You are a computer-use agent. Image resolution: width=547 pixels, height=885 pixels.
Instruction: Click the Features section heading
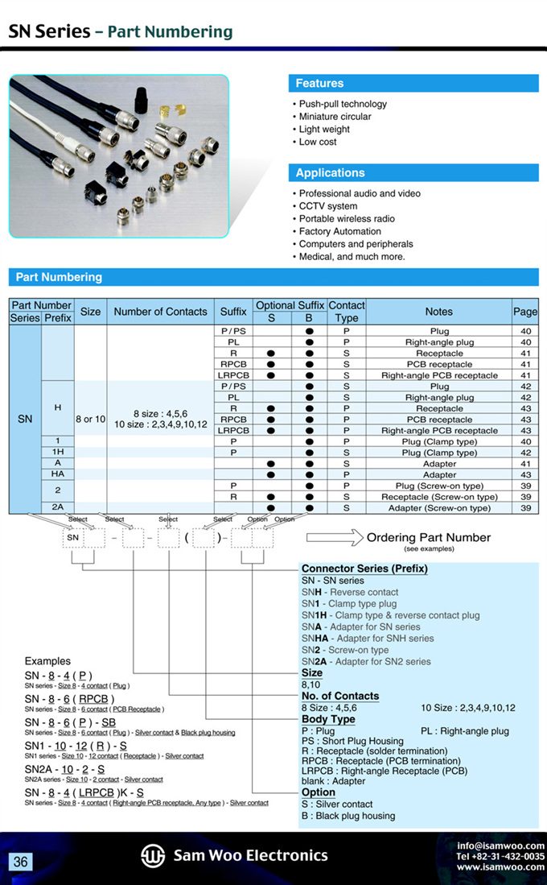[319, 84]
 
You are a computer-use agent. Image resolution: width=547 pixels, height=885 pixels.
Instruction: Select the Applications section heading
[330, 173]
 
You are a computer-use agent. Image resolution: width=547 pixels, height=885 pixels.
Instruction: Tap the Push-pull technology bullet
[343, 104]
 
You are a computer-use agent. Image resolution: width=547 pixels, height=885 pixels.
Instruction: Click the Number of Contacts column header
[160, 312]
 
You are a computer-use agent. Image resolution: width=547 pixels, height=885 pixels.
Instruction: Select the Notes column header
[438, 312]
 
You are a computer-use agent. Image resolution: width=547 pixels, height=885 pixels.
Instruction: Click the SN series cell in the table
[25, 419]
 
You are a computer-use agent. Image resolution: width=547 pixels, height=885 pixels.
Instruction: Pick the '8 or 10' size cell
[90, 420]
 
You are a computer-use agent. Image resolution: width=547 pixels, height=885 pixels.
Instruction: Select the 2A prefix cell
[58, 507]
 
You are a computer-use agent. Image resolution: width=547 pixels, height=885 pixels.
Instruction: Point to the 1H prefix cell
[58, 453]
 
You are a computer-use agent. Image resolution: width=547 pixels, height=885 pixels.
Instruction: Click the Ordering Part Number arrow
[332, 538]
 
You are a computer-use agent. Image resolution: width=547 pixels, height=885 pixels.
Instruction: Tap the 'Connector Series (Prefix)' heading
[364, 569]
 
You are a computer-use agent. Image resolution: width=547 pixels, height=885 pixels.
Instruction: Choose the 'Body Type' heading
[328, 719]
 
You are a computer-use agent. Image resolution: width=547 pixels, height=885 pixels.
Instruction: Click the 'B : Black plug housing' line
[348, 816]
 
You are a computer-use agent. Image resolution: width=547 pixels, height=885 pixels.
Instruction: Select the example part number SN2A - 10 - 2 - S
[64, 770]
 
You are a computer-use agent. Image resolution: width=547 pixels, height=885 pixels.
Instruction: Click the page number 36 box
[20, 862]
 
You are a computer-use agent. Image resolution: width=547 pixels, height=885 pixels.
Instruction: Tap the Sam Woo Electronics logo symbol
[153, 856]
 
